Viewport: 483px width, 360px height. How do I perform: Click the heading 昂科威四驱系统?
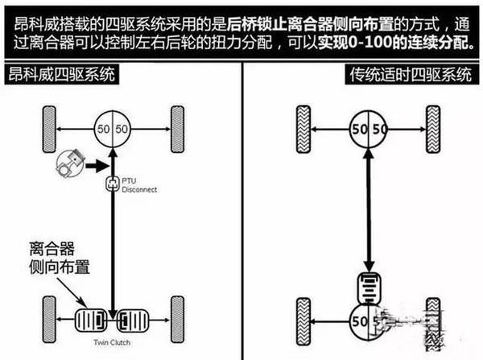60,76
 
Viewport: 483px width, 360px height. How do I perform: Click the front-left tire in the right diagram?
304,126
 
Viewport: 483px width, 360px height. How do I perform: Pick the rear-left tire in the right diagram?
304,320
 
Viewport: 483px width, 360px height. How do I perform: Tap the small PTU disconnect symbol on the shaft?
114,184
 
